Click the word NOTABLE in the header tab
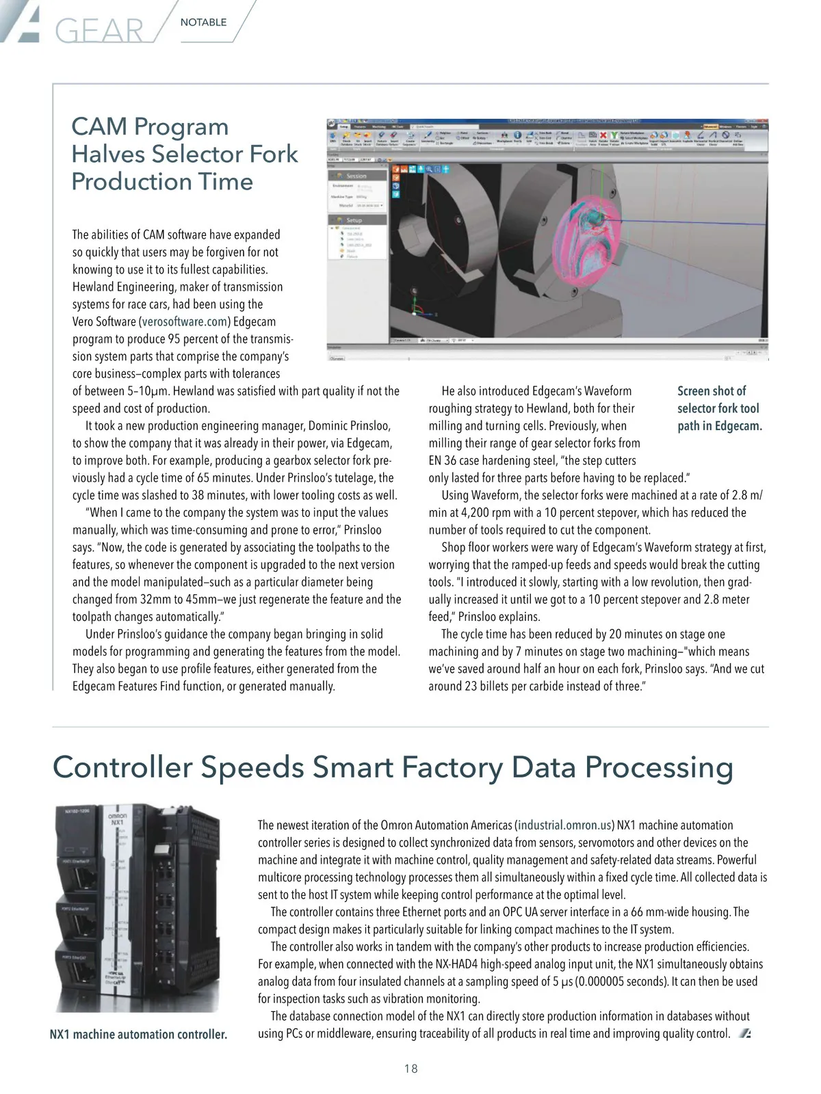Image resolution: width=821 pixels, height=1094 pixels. pos(203,23)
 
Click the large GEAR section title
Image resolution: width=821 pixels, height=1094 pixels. pos(99,31)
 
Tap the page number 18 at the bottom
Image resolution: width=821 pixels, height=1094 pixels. pos(410,1068)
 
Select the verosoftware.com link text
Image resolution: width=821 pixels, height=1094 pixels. pos(184,321)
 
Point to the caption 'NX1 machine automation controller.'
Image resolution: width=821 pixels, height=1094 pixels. pos(138,1035)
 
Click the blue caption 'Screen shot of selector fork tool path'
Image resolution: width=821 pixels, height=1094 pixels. pos(719,408)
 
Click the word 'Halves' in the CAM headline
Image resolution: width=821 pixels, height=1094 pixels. pos(107,155)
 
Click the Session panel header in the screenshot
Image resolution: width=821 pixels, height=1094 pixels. pos(356,176)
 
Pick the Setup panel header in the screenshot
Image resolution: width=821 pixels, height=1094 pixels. pos(354,220)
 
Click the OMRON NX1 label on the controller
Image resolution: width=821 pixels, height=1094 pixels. pos(117,818)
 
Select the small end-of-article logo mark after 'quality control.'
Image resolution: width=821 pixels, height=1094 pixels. pos(744,1033)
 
